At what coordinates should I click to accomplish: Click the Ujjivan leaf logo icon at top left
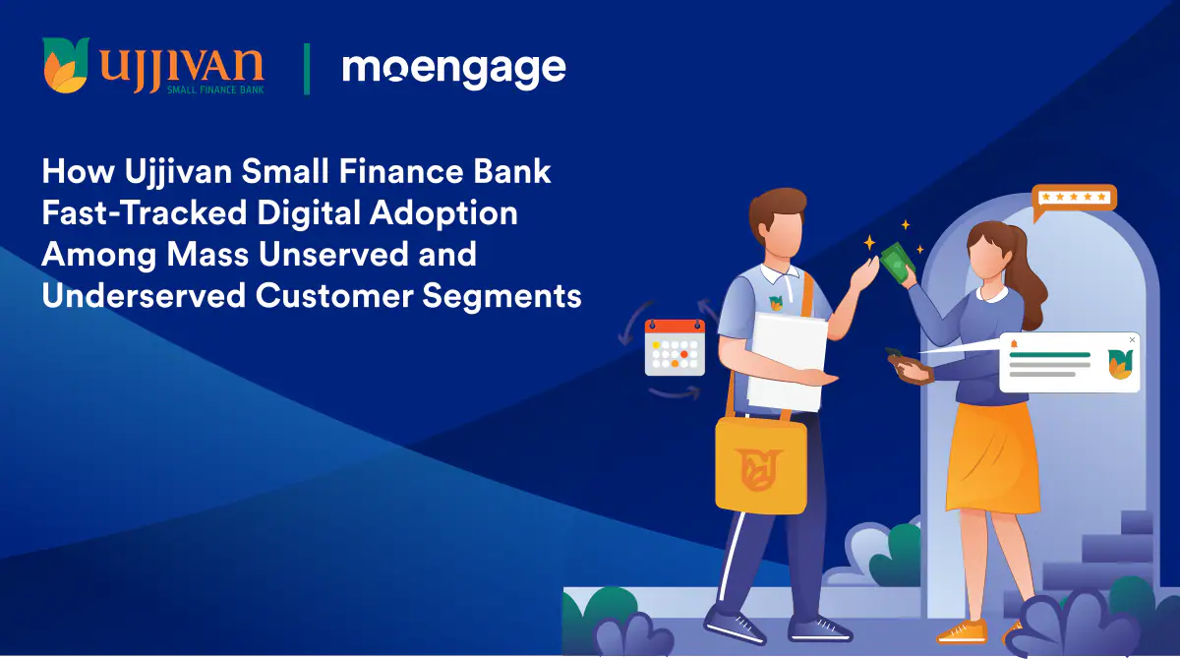(66, 65)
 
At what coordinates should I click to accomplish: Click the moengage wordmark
(453, 70)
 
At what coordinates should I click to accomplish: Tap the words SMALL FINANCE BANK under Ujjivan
(215, 90)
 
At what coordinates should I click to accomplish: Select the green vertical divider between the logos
(307, 69)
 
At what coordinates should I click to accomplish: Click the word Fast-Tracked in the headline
(145, 212)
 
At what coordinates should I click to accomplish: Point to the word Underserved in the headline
(144, 295)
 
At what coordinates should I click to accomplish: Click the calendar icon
(675, 347)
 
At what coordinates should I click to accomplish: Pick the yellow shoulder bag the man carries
(761, 464)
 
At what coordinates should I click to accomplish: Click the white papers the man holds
(787, 362)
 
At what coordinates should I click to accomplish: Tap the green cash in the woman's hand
(897, 263)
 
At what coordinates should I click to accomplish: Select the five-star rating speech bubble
(1073, 201)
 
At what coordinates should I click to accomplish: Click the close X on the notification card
(1132, 339)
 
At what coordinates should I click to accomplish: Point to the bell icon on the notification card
(1014, 344)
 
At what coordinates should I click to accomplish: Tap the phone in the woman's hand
(896, 354)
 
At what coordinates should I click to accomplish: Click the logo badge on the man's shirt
(776, 302)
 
